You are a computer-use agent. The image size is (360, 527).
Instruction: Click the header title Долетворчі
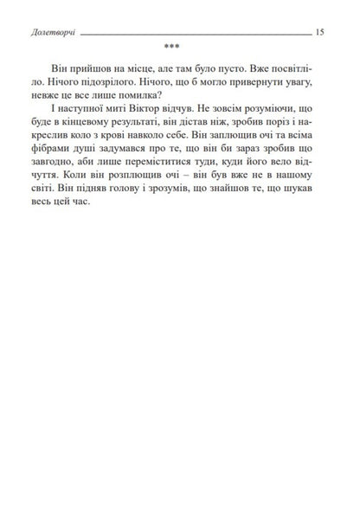(x=51, y=31)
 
